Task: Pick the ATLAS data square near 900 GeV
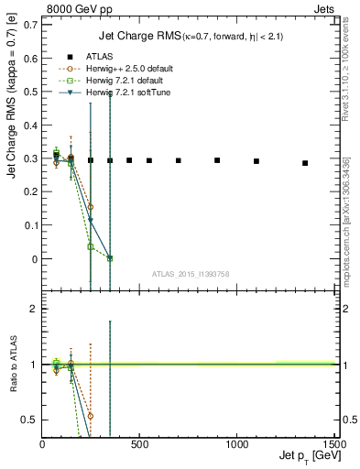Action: tap(217, 160)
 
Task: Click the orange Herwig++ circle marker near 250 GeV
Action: tap(91, 207)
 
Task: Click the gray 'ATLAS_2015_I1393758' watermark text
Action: tap(190, 274)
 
